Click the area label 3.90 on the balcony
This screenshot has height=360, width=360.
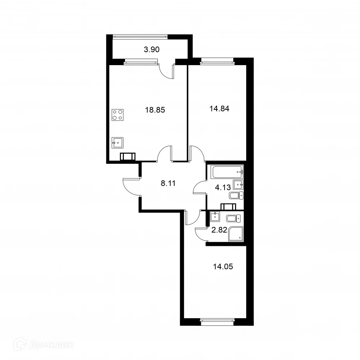(x=151, y=50)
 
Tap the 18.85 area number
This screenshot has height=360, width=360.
(x=155, y=110)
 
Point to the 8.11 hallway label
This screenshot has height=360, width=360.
(x=168, y=183)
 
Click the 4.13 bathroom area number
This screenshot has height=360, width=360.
(x=222, y=188)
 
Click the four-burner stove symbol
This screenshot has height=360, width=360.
(x=118, y=114)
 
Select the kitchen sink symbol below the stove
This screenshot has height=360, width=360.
(x=117, y=143)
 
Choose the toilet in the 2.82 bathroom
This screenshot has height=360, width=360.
(x=231, y=218)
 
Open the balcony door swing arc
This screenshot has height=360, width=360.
(x=167, y=71)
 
